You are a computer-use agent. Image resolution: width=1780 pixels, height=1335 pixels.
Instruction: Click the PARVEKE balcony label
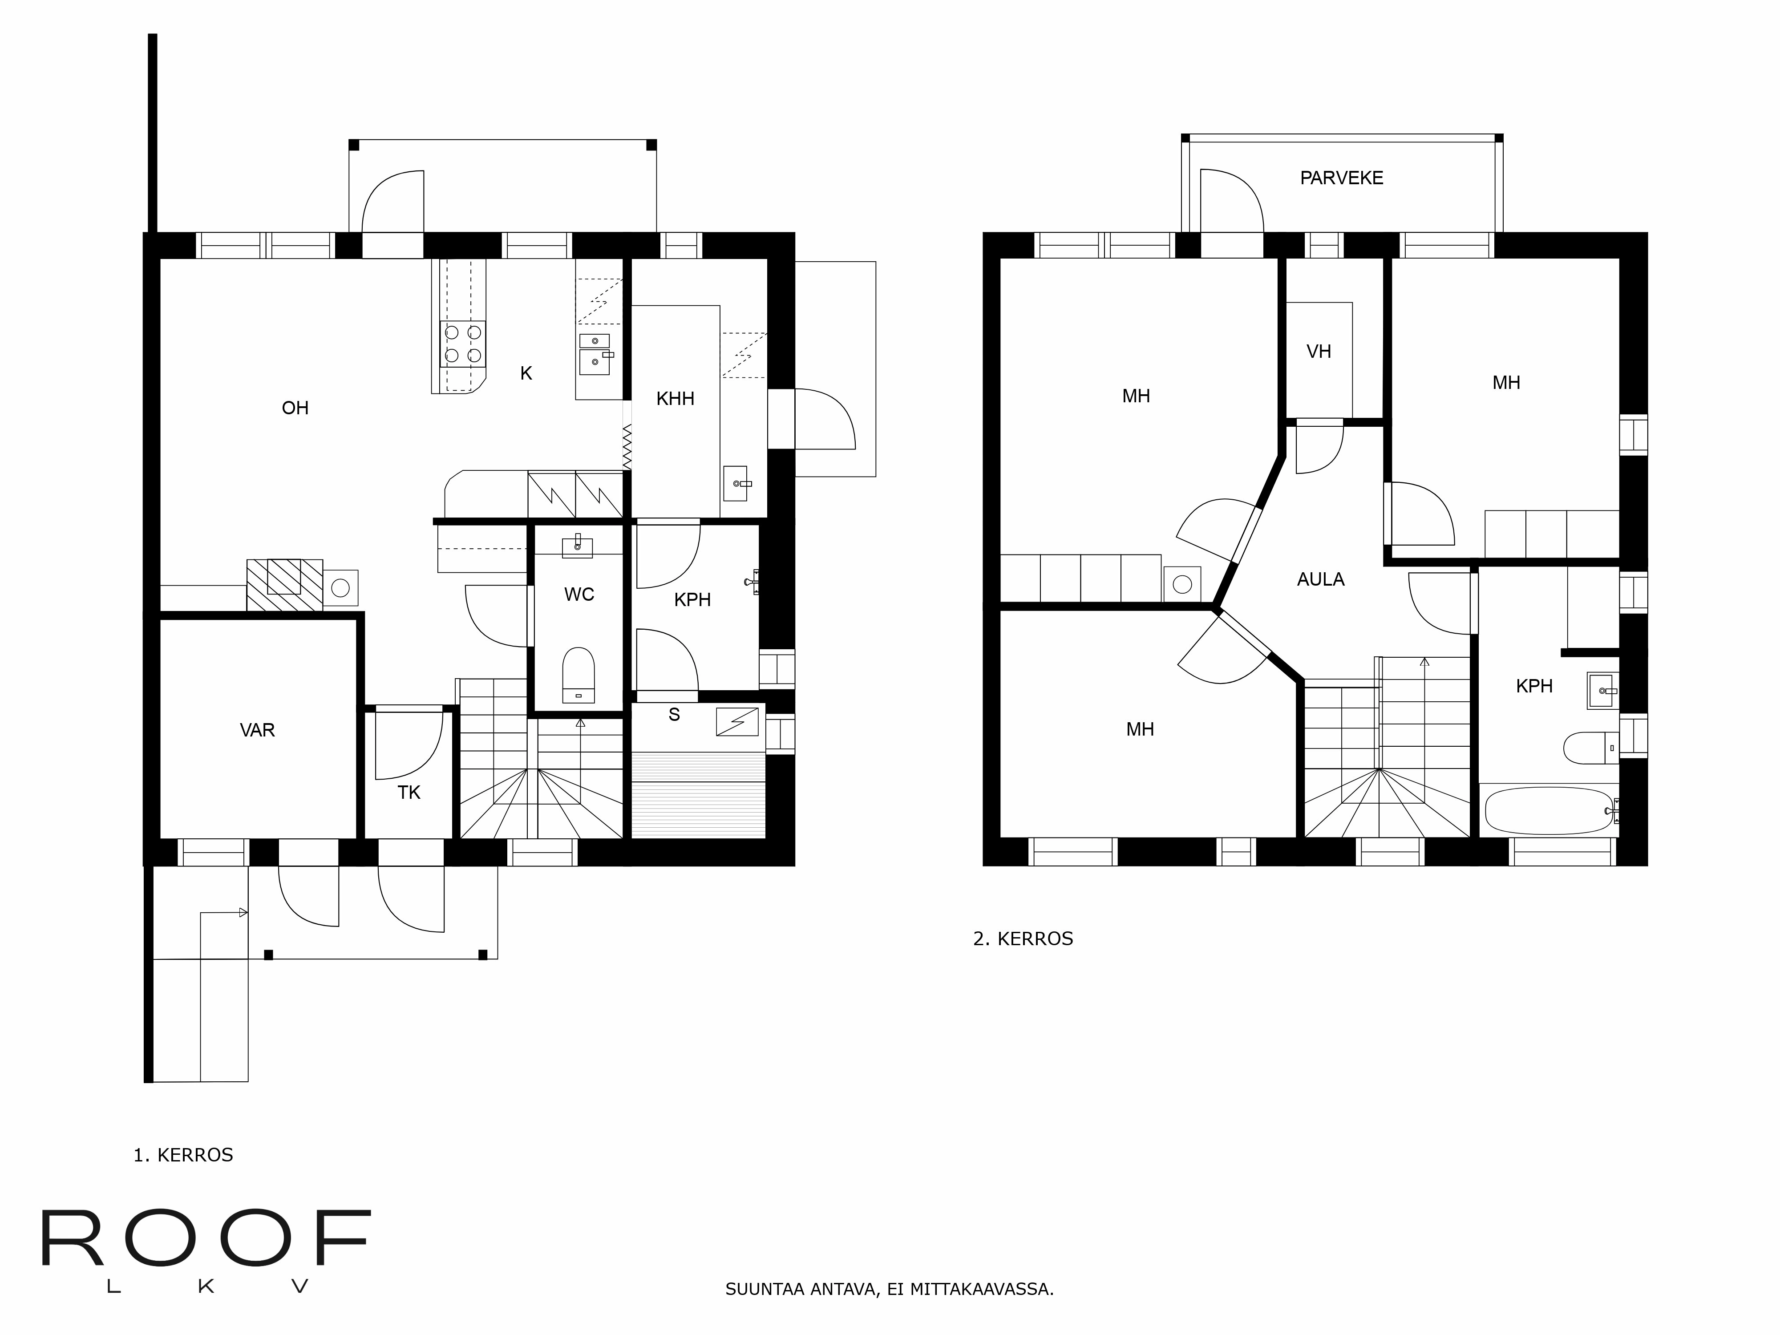click(x=1341, y=178)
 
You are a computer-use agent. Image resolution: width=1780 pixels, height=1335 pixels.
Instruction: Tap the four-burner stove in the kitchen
click(x=463, y=344)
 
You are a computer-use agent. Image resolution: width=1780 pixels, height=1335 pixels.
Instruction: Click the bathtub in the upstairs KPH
click(x=1547, y=810)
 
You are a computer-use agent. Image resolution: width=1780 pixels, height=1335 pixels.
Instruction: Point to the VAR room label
click(x=258, y=730)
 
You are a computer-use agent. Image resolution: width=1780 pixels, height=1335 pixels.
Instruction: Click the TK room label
click(x=409, y=793)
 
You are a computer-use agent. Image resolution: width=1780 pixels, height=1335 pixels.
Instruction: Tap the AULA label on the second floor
click(x=1320, y=579)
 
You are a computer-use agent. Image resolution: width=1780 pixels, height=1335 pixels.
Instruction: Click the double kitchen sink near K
click(x=595, y=354)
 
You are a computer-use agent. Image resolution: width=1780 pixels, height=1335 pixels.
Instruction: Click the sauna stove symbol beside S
click(x=737, y=722)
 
